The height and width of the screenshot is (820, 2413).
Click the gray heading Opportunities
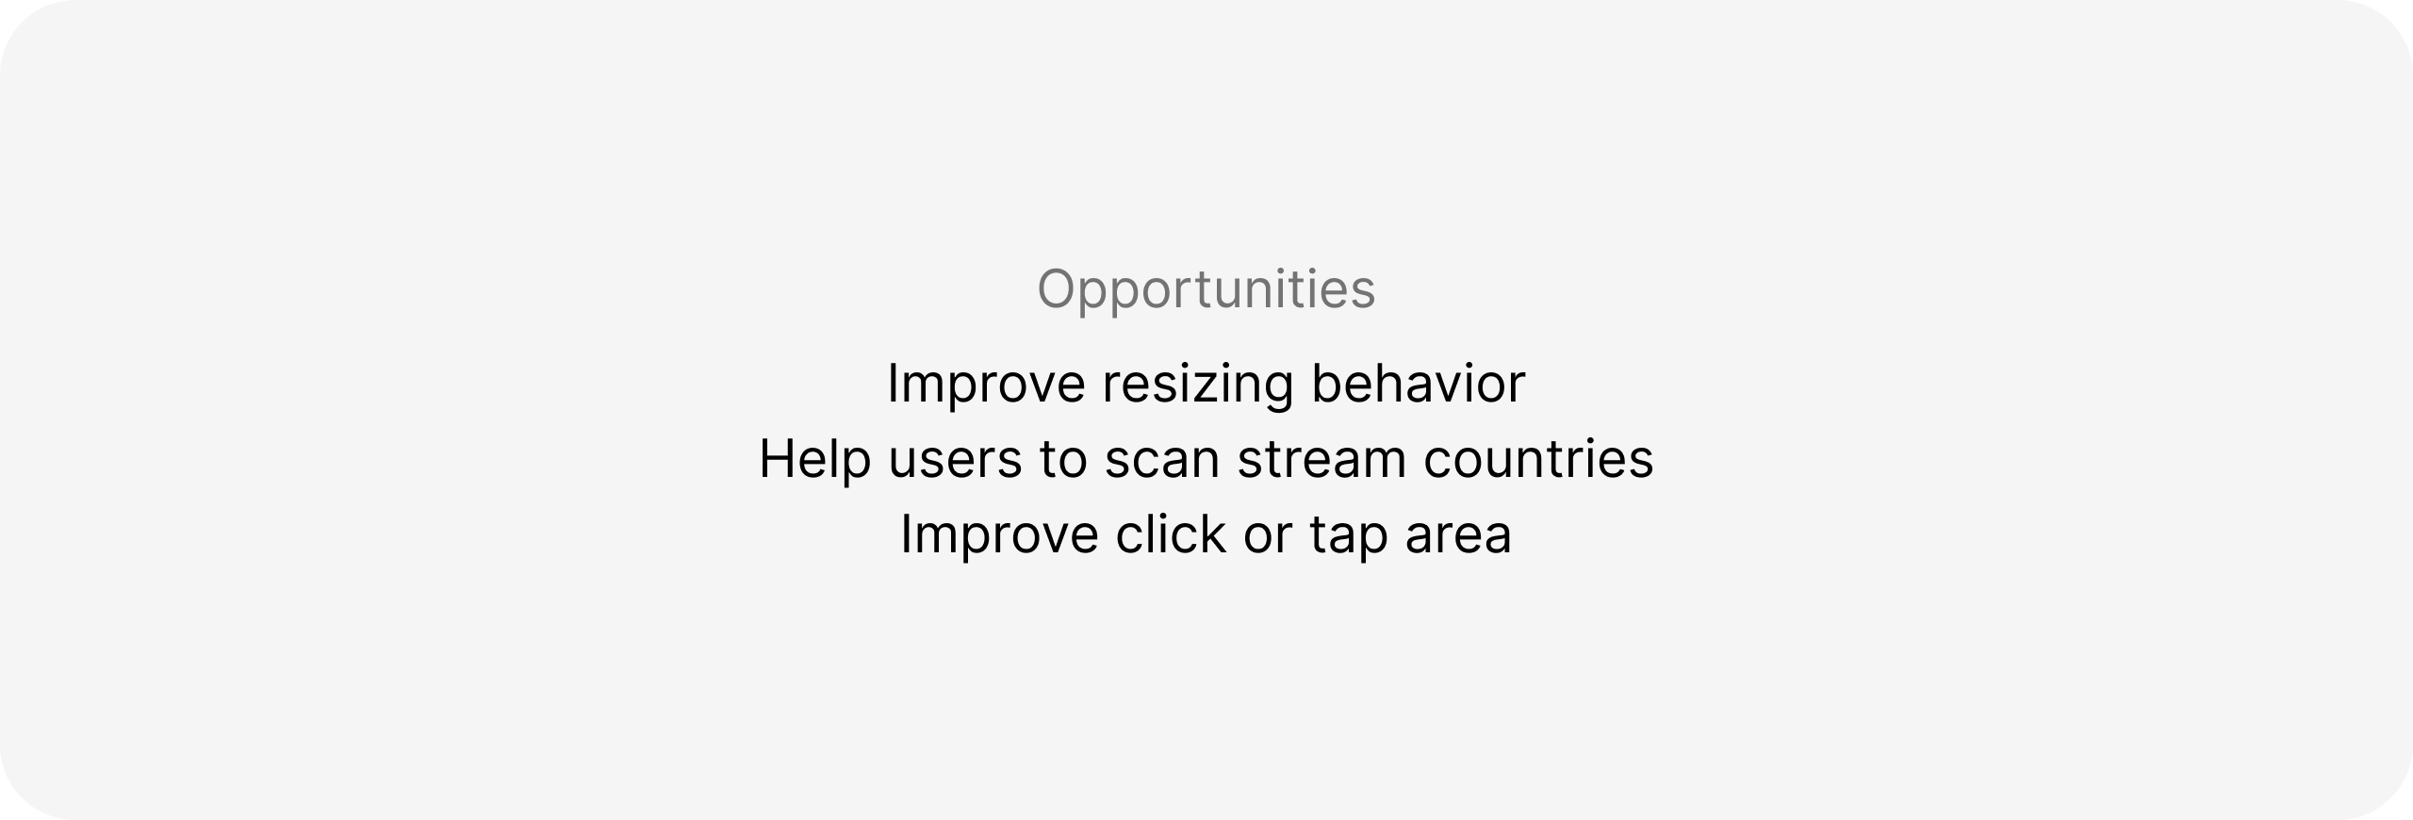1206,290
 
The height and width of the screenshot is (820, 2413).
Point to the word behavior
1418,384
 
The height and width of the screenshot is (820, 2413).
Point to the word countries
1538,459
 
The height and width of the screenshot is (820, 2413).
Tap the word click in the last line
1172,533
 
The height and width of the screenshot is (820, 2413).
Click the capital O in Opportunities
1058,288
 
